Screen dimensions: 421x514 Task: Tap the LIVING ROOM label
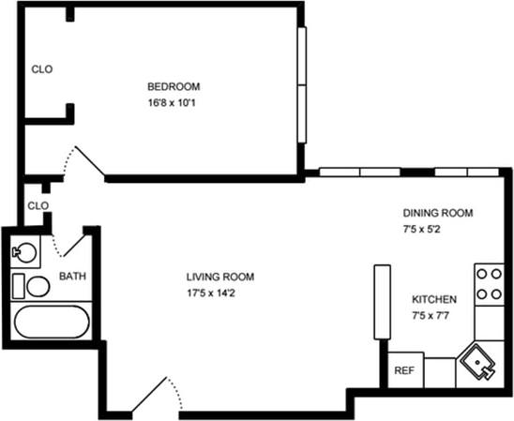(x=219, y=277)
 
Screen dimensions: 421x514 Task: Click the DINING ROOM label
(x=438, y=213)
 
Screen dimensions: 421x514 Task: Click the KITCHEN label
(x=434, y=299)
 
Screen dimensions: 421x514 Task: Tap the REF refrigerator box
(x=404, y=370)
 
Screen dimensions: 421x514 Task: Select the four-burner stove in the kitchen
(x=489, y=283)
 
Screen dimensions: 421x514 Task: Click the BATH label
(x=72, y=277)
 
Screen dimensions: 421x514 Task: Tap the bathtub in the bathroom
(x=53, y=324)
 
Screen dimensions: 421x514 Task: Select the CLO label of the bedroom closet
(x=41, y=68)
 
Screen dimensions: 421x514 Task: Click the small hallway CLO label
(x=38, y=205)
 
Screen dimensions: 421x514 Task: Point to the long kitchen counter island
(x=382, y=302)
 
